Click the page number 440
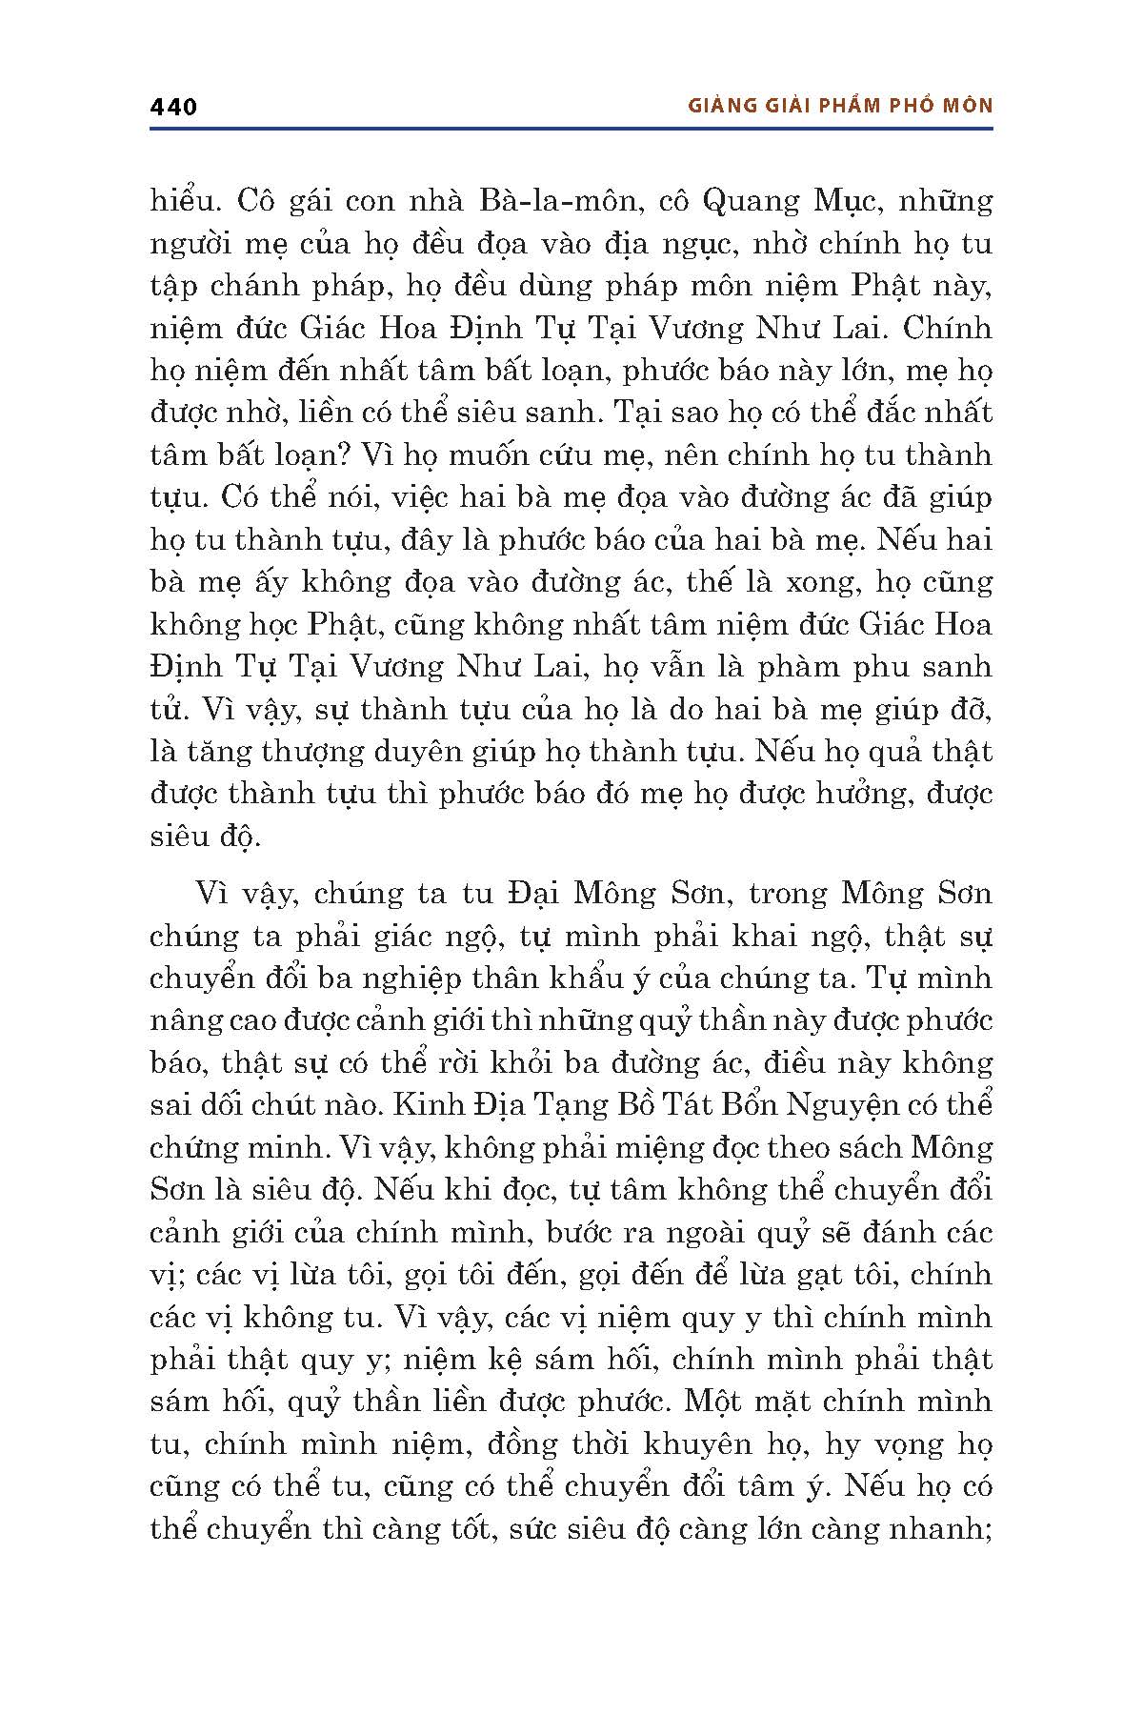[173, 107]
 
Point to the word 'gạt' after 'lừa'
[826, 1275]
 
